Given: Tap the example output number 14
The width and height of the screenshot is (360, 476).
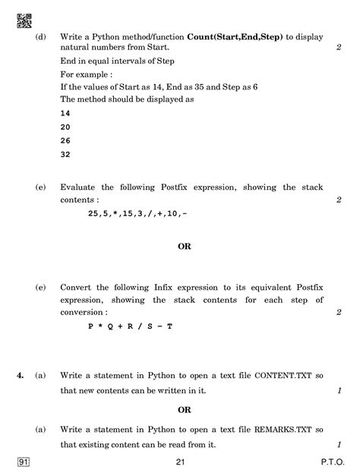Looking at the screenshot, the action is pyautogui.click(x=65, y=112).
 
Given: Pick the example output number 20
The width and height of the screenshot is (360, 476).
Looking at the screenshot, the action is pyautogui.click(x=65, y=126).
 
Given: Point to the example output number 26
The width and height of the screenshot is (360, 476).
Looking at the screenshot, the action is pyautogui.click(x=65, y=140).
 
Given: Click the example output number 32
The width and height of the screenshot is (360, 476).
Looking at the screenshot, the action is pyautogui.click(x=65, y=155).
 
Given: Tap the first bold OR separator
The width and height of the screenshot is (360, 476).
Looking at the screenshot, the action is pyautogui.click(x=185, y=246).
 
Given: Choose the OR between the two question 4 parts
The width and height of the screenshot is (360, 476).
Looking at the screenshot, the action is pyautogui.click(x=185, y=410).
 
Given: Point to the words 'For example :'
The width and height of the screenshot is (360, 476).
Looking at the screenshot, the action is pyautogui.click(x=86, y=74).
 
